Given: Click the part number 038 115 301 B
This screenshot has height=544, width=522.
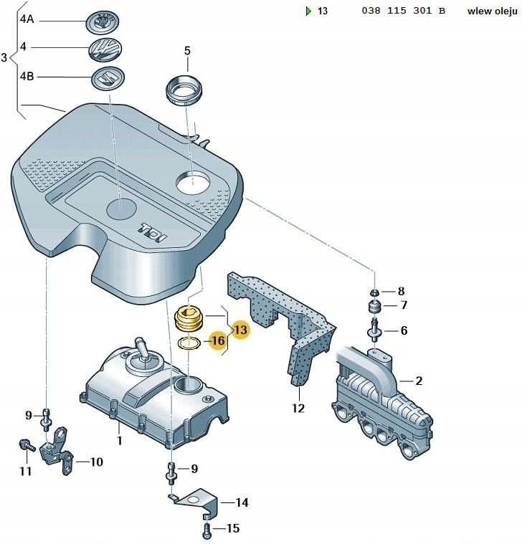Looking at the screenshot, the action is (x=403, y=11).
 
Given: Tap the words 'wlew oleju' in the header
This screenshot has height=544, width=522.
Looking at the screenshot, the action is (x=492, y=11).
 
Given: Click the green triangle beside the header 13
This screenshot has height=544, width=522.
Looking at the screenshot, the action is (x=308, y=11).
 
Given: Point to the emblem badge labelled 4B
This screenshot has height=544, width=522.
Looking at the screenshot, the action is (x=108, y=77).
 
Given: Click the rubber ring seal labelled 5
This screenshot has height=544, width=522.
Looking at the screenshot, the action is (x=184, y=90).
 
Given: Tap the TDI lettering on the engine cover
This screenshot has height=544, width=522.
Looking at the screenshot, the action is (x=153, y=232).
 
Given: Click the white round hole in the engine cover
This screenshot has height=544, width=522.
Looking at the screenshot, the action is (x=193, y=182).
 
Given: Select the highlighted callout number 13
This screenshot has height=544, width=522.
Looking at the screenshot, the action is (x=240, y=329).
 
